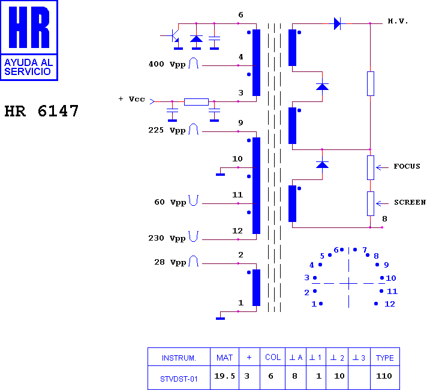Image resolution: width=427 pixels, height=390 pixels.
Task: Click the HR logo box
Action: [x=29, y=40]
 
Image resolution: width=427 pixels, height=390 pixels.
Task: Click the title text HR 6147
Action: [x=41, y=112]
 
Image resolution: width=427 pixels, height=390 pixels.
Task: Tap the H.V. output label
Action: [x=398, y=21]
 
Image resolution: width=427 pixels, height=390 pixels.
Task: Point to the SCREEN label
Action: [x=410, y=202]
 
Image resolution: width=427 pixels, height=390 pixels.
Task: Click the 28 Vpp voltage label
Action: [x=170, y=262]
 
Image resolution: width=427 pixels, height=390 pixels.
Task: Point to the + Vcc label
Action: [x=131, y=99]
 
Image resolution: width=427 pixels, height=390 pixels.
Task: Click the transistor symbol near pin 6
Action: [x=175, y=37]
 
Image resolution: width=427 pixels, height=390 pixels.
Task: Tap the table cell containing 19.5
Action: [x=224, y=376]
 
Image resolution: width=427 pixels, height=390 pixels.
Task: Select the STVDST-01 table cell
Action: [x=179, y=379]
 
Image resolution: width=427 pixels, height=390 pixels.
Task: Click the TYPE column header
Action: [x=384, y=358]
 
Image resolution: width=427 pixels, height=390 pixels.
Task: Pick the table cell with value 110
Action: [x=384, y=376]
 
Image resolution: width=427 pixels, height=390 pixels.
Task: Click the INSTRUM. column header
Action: [x=179, y=358]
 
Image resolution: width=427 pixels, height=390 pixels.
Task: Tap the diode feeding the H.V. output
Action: [x=337, y=23]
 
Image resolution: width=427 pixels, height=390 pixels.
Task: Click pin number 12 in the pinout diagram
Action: [x=389, y=304]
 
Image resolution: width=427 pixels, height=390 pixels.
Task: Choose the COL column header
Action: [x=273, y=357]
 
